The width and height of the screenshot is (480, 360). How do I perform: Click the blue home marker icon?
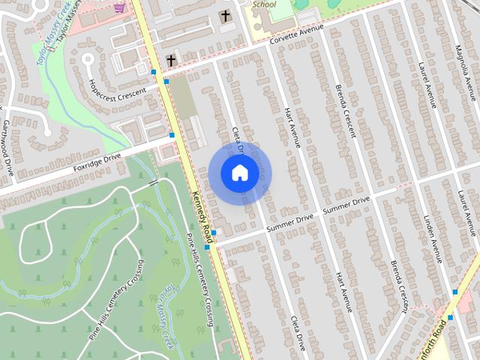pyautogui.click(x=239, y=173)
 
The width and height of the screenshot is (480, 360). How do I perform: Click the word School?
pyautogui.click(x=264, y=4)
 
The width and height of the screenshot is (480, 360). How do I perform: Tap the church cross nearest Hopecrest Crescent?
pyautogui.click(x=171, y=59)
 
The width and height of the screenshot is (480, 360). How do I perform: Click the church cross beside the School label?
pyautogui.click(x=225, y=16)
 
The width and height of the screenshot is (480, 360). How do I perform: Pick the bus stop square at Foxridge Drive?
pyautogui.click(x=172, y=135)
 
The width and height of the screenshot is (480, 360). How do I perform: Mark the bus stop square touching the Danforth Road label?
pyautogui.click(x=450, y=317)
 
